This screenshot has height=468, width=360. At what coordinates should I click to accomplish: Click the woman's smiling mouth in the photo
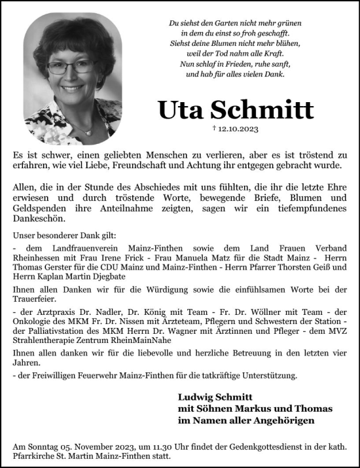[71, 86]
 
